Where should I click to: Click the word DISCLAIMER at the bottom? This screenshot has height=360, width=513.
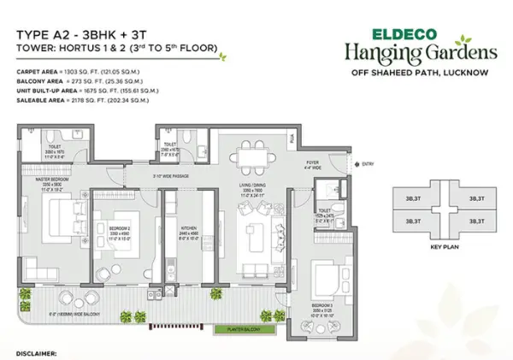(x=35, y=351)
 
